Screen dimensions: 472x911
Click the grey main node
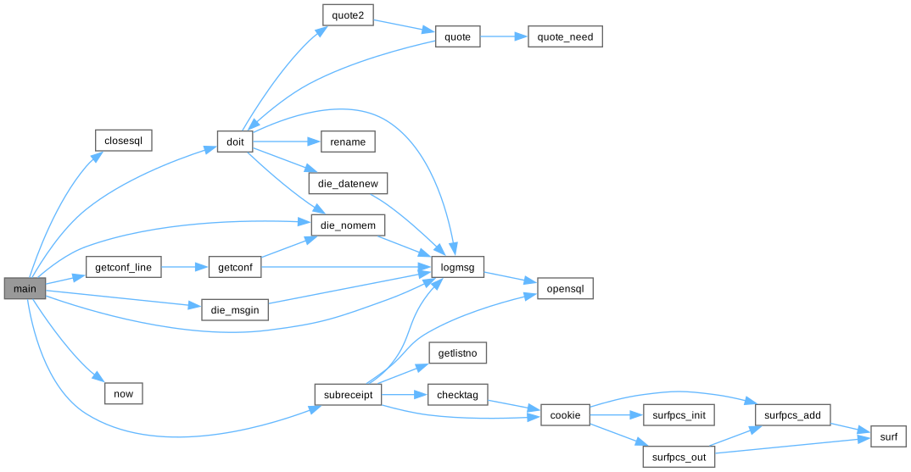click(x=25, y=289)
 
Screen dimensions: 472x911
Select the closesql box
click(x=123, y=140)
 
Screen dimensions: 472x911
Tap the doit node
click(x=234, y=142)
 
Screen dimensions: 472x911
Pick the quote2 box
click(x=348, y=15)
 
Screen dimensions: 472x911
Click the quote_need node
click(x=565, y=36)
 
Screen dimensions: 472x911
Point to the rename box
click(x=348, y=142)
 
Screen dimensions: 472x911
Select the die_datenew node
click(x=348, y=183)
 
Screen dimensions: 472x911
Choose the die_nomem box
click(x=348, y=225)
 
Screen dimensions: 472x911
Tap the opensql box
click(x=565, y=288)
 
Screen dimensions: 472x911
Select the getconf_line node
click(x=123, y=267)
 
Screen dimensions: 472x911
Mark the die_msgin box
click(x=234, y=309)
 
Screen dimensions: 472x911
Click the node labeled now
click(x=123, y=393)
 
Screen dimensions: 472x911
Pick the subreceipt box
click(x=348, y=395)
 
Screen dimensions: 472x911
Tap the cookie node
click(x=565, y=414)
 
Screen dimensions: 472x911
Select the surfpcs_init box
click(x=679, y=414)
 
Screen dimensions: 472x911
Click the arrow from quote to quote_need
click(x=505, y=36)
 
